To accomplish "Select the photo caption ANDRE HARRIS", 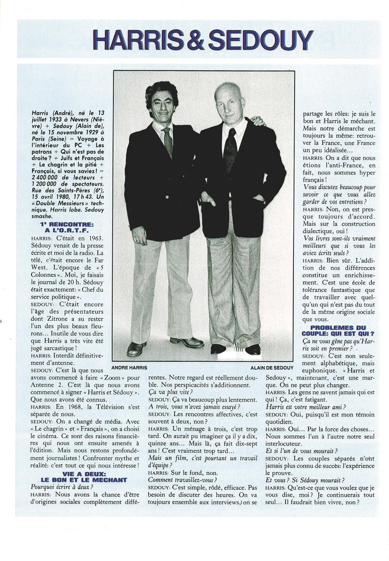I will coord(129,367).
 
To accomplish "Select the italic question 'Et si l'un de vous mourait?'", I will coord(299,451).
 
